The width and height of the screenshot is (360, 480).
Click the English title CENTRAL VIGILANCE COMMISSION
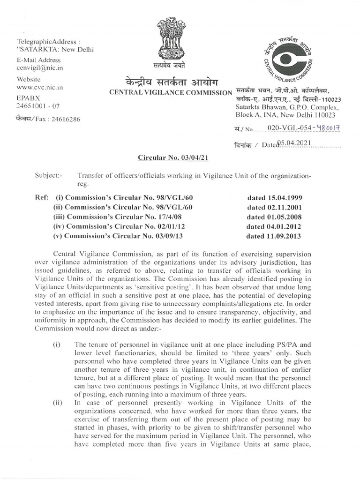[x=171, y=92]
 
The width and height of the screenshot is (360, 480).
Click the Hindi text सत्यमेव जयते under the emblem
[x=172, y=65]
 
